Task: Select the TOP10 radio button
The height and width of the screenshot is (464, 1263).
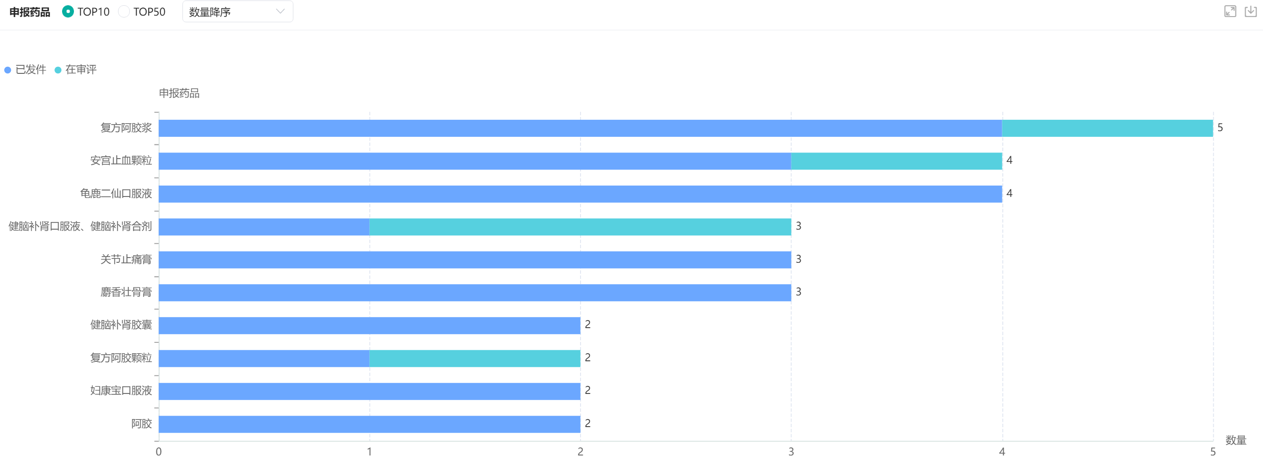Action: pos(68,11)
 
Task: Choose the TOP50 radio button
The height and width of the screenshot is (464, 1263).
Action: pos(124,11)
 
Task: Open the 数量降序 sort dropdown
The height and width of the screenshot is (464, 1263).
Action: pos(237,11)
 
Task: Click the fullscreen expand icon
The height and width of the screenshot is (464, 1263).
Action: pos(1230,11)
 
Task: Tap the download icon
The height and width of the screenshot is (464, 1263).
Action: pos(1251,11)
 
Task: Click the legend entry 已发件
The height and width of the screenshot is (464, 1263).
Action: pos(26,70)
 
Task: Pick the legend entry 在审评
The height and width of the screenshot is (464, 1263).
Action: pos(76,70)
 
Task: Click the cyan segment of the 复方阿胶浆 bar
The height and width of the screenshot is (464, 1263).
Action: pos(1107,128)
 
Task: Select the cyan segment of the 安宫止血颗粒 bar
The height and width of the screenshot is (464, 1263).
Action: pos(896,161)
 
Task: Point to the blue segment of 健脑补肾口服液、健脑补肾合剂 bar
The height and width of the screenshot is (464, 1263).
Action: pos(264,226)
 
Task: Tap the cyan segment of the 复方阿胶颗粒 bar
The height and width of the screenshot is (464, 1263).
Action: pos(474,358)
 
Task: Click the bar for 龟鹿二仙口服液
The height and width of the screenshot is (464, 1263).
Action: pos(580,194)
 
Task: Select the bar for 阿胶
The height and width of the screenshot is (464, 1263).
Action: pos(369,424)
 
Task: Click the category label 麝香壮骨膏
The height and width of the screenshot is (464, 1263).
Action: pos(126,292)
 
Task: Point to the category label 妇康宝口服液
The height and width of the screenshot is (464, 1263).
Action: pos(121,391)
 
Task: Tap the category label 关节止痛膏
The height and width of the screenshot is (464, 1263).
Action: pos(126,259)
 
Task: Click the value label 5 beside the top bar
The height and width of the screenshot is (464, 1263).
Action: pos(1220,128)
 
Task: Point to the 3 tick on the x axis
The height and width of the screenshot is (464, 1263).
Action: pos(791,452)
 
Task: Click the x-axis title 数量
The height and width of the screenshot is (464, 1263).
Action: pos(1236,440)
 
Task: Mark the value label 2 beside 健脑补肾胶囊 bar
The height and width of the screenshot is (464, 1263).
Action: pos(587,324)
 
